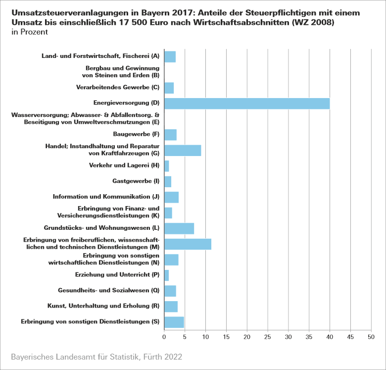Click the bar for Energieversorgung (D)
[246, 104]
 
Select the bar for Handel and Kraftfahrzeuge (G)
[183, 150]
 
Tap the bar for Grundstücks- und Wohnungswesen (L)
[179, 228]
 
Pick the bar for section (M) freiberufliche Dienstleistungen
[188, 244]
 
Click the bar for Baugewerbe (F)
[170, 135]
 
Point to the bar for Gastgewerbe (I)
[168, 181]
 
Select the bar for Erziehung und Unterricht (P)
[166, 275]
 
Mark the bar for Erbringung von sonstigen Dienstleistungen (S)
[174, 322]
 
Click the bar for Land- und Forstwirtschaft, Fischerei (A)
[170, 56]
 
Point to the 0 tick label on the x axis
[164, 337]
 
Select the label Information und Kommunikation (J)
[106, 197]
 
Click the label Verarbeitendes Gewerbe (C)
[118, 88]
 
